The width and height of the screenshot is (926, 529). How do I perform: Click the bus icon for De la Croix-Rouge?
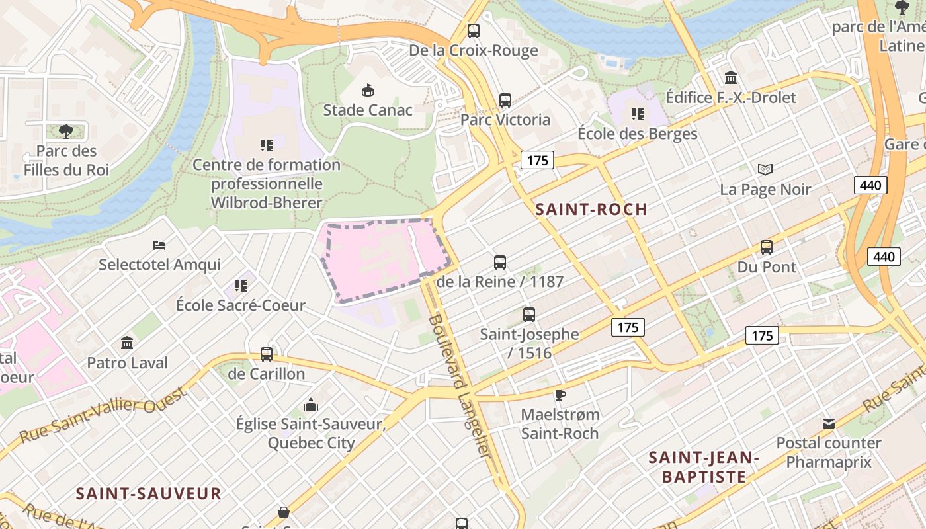pos(473,30)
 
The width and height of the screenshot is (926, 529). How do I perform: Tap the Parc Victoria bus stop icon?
pos(505,101)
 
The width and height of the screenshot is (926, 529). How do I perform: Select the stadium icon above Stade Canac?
pos(367,90)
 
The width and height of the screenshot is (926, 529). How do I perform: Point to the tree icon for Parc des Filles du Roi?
pos(65,131)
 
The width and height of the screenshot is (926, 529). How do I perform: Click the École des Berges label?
pos(637,134)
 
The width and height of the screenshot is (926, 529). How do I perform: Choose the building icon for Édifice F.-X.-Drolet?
pos(731,78)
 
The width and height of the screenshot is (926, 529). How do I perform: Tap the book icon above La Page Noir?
pos(765,170)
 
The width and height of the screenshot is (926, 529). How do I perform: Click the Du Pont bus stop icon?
pos(767,247)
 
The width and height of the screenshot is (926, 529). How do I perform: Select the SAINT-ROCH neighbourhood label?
pos(591,210)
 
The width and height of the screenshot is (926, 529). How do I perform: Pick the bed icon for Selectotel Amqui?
pos(159,245)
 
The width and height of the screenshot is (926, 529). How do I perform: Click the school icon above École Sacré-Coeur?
pos(241,286)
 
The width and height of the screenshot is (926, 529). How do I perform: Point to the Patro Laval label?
pos(128,363)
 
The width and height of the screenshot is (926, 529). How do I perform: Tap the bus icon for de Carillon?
pos(267,354)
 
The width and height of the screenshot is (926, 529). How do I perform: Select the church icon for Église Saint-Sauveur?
pos(310,405)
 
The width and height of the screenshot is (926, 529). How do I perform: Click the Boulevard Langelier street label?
pos(460,387)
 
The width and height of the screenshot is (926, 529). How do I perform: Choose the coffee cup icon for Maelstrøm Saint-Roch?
pos(560,395)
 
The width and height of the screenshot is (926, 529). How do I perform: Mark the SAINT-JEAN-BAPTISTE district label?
pos(704,467)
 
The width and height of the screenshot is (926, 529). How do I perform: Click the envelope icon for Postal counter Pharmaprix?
pos(829,424)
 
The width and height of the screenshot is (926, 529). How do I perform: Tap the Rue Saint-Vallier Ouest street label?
pos(102,415)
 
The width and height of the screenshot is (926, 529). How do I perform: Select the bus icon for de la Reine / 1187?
pos(500,263)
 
